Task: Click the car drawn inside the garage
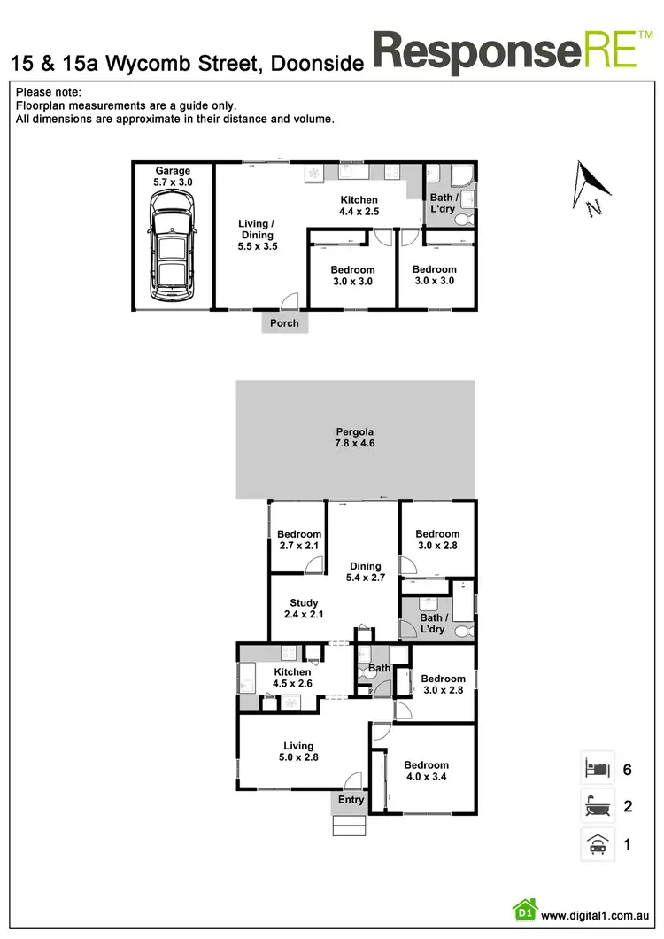(x=172, y=248)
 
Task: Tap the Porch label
(x=284, y=323)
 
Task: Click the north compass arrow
(x=591, y=187)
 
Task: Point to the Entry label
(x=351, y=800)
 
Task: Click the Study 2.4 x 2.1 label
(x=304, y=609)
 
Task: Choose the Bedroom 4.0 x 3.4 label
(x=426, y=771)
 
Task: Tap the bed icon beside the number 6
(x=596, y=768)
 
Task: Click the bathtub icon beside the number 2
(x=596, y=806)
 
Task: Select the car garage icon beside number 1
(x=596, y=844)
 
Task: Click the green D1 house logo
(x=524, y=911)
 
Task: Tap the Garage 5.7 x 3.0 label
(x=173, y=176)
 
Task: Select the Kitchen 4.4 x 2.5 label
(x=359, y=206)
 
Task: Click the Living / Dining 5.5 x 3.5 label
(x=258, y=235)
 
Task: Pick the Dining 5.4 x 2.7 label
(x=365, y=572)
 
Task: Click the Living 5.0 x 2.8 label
(x=298, y=751)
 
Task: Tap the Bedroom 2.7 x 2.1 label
(x=298, y=539)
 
